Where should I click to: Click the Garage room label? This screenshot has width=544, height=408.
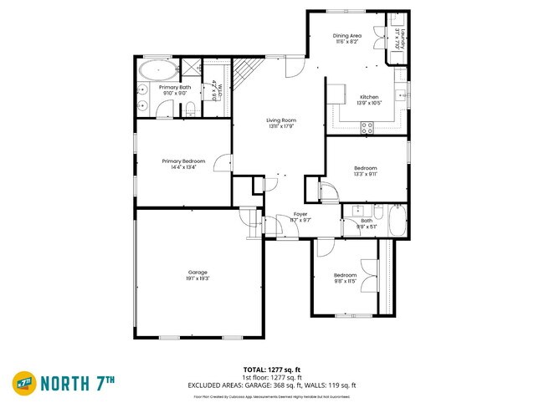(x=198, y=272)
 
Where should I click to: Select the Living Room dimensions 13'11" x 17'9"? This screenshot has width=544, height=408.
(x=281, y=127)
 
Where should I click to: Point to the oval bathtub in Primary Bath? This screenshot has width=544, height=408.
(x=157, y=68)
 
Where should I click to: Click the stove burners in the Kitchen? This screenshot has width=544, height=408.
(x=367, y=127)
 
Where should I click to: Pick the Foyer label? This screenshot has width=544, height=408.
(x=300, y=214)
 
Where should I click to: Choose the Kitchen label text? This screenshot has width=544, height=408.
(x=369, y=96)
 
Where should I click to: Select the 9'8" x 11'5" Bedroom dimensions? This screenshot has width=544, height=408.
(x=346, y=281)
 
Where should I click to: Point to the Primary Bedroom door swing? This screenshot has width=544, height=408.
(x=222, y=166)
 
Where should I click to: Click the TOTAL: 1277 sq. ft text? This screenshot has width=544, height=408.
(x=272, y=369)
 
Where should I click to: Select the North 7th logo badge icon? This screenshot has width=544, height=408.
(x=23, y=384)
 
